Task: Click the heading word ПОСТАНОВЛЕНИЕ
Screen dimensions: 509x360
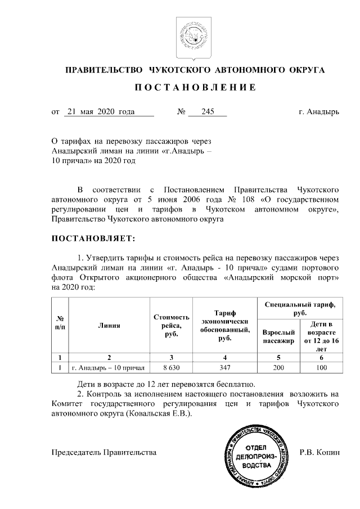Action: [195, 88]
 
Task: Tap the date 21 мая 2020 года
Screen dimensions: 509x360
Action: [100, 112]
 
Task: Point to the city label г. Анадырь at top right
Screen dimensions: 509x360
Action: [319, 112]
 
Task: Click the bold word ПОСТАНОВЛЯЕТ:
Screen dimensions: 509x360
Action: [93, 238]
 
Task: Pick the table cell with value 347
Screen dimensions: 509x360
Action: [224, 368]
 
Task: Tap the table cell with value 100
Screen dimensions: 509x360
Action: [321, 368]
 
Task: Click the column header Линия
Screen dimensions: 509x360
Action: [109, 325]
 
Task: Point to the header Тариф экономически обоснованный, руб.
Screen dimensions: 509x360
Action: [224, 326]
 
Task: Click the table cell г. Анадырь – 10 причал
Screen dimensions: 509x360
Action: [109, 368]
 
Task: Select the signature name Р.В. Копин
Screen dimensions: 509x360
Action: [319, 452]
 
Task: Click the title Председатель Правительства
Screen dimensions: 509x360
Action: [104, 452]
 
